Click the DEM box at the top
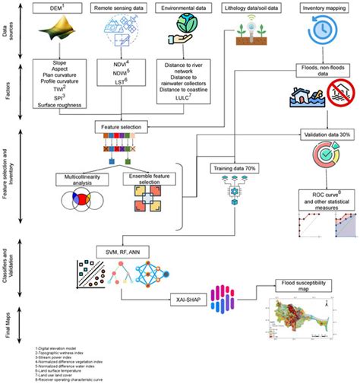click(x=52, y=7)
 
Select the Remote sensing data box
click(x=118, y=7)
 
